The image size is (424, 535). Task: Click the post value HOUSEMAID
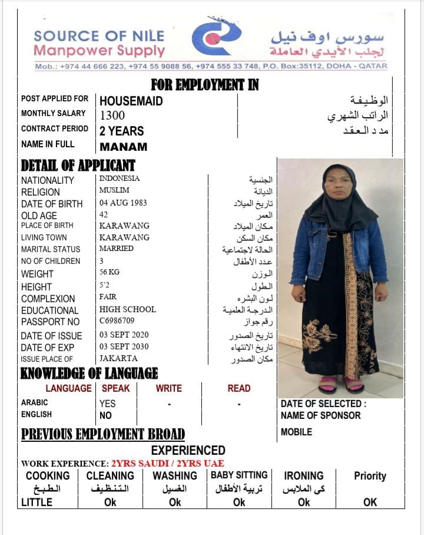click(131, 101)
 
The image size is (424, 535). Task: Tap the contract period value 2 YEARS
click(121, 131)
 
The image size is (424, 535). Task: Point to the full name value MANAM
click(123, 147)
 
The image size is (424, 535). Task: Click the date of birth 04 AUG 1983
click(123, 203)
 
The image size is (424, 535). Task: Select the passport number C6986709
click(117, 321)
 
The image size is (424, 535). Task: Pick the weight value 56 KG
click(110, 273)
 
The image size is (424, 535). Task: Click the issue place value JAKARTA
click(118, 358)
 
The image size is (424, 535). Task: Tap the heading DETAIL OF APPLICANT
click(78, 166)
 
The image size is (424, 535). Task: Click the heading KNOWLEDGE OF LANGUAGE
click(89, 374)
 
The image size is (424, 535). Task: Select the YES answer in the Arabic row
click(107, 404)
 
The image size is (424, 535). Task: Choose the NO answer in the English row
click(106, 415)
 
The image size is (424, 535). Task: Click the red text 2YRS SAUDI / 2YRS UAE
click(168, 463)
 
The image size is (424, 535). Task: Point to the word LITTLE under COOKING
click(37, 503)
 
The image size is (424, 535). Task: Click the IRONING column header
click(303, 475)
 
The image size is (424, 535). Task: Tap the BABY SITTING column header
click(239, 475)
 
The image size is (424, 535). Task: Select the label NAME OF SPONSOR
click(320, 415)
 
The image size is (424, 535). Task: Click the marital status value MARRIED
click(116, 249)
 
